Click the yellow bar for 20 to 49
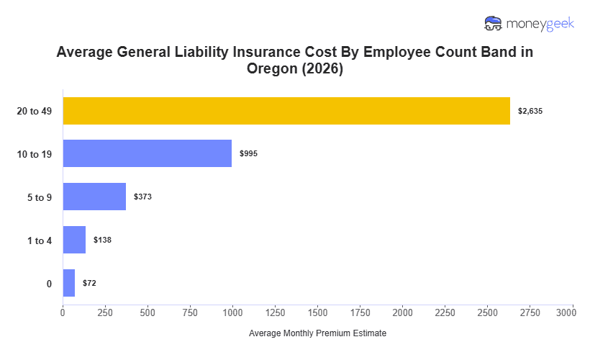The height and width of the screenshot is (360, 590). tap(286, 111)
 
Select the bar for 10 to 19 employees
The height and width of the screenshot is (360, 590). tap(147, 153)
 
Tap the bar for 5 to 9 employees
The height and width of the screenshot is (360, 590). tap(94, 197)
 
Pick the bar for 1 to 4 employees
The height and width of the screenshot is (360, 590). tap(74, 240)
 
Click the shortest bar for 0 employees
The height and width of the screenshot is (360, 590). tap(68, 283)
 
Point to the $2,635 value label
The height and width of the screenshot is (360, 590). tap(532, 111)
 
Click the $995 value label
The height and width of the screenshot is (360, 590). tap(249, 153)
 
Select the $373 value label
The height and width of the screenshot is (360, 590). tap(142, 197)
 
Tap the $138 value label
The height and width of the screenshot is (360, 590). tap(102, 240)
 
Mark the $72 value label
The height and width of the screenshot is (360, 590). tap(89, 283)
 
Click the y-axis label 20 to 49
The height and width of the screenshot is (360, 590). tap(35, 111)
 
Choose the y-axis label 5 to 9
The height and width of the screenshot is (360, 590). tap(40, 197)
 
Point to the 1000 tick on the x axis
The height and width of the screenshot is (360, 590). tap(232, 312)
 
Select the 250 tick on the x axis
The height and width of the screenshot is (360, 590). tap(105, 312)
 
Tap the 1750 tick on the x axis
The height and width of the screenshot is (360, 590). tap(360, 312)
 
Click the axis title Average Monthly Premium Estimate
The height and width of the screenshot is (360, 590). tap(317, 334)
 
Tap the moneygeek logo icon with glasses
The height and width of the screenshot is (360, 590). tap(494, 23)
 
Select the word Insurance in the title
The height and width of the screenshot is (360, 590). tap(271, 53)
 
